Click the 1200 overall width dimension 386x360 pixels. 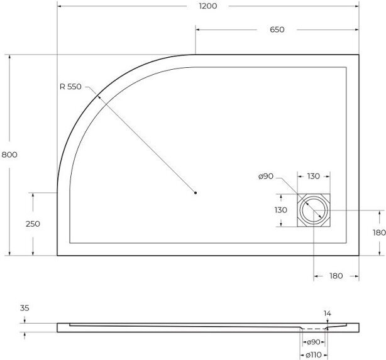pos(208,6)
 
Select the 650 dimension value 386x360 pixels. pos(277,30)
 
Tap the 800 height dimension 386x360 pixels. pos(9,155)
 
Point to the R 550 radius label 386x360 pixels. pos(70,87)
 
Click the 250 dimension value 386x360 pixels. pos(33,224)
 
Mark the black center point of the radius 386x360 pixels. pos(196,193)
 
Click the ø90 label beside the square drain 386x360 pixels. pos(266,176)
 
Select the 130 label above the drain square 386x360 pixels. pos(313,176)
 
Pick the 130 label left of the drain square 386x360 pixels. pos(281,210)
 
